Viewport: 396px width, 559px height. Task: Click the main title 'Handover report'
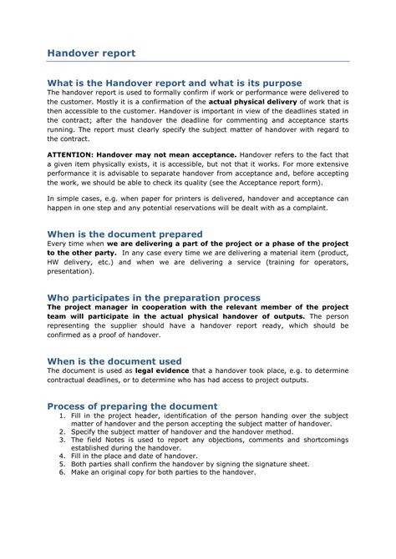[90, 53]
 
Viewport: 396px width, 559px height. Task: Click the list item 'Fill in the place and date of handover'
[138, 456]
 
